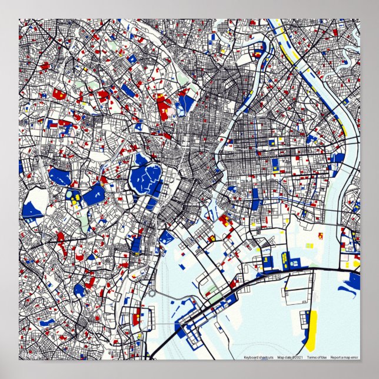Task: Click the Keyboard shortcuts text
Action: click(258, 357)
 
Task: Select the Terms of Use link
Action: click(316, 357)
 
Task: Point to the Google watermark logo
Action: click(28, 356)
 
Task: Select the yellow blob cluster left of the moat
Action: click(74, 197)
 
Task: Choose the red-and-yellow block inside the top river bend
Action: click(258, 52)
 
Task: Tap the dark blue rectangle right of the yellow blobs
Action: click(93, 194)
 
